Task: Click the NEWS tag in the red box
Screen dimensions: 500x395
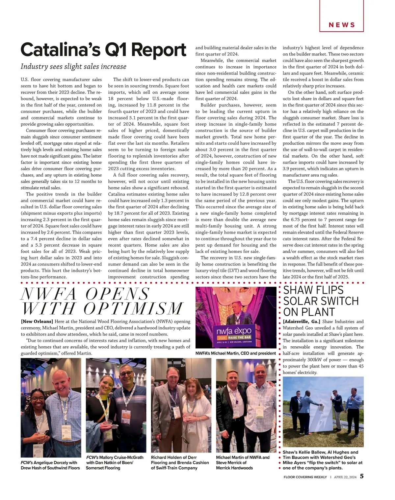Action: pos(342,25)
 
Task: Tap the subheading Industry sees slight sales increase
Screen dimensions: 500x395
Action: pos(73,67)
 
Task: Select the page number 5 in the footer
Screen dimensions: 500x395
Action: pos(361,477)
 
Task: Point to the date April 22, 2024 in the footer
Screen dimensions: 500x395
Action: pos(345,477)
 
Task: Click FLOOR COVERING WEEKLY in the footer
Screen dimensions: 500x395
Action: pos(305,477)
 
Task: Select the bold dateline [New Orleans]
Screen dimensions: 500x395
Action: pos(37,322)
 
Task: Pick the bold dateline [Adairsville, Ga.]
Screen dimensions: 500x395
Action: pos(302,322)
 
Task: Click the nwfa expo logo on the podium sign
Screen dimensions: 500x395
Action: pos(234,331)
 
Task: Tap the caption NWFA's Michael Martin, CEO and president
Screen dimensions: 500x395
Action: pos(235,354)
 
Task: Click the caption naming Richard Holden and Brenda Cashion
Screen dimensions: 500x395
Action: pos(180,462)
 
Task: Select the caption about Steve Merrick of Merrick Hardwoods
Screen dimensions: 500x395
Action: pos(243,462)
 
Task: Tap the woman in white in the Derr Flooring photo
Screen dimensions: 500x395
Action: pos(195,412)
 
